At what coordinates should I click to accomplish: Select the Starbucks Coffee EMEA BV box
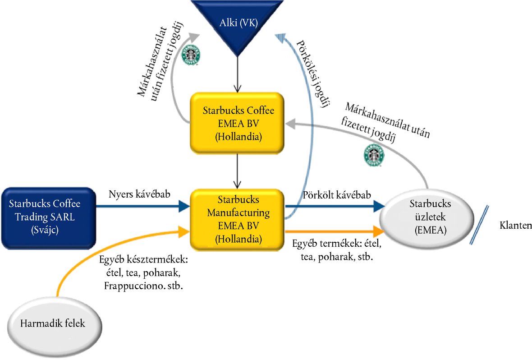tap(237, 122)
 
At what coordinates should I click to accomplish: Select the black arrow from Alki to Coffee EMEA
tap(237, 74)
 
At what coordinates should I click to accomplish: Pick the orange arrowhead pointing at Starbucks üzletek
tap(379, 231)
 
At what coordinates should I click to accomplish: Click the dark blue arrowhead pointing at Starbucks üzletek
tap(379, 207)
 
